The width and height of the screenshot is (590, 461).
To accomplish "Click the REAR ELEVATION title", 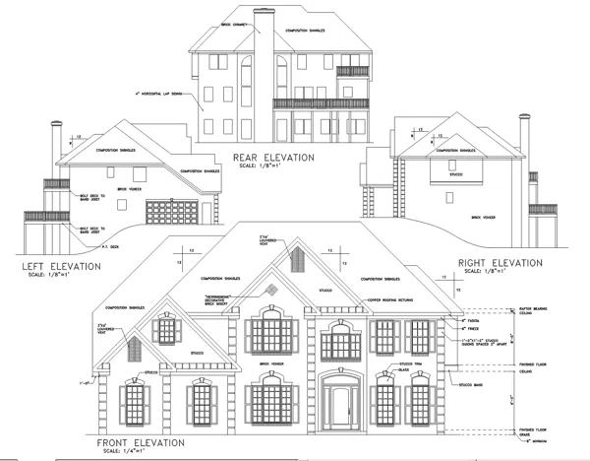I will (x=272, y=157).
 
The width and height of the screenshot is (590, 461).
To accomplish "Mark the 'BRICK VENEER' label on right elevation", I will (x=483, y=217).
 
